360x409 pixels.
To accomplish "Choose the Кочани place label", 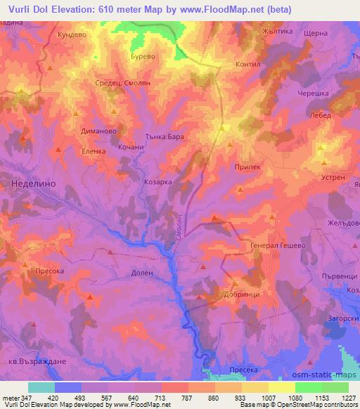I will pyautogui.click(x=131, y=148).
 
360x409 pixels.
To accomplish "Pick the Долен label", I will pyautogui.click(x=142, y=273).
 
